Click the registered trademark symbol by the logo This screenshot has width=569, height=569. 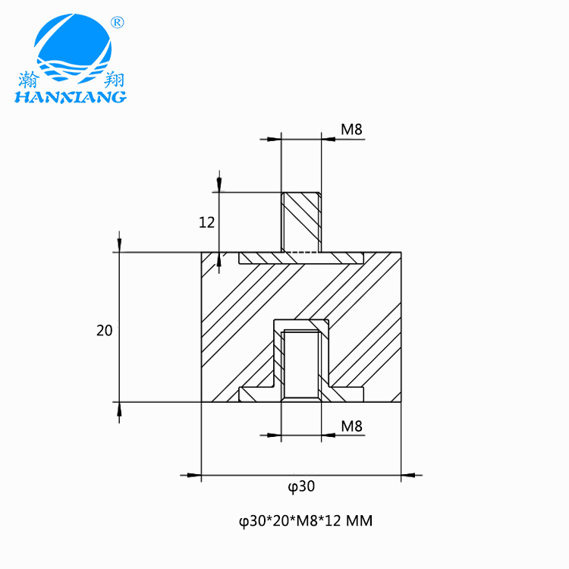click(x=117, y=23)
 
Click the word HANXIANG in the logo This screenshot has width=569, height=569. click(x=71, y=97)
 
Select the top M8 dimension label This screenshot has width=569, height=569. click(x=351, y=129)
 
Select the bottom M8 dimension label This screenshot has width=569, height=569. click(x=351, y=426)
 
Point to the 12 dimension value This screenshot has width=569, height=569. click(x=207, y=222)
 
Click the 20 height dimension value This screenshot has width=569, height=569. click(x=105, y=331)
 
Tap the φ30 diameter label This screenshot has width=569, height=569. click(x=301, y=486)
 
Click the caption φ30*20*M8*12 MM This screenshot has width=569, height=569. click(x=306, y=521)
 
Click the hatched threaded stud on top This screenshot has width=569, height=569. click(x=301, y=222)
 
